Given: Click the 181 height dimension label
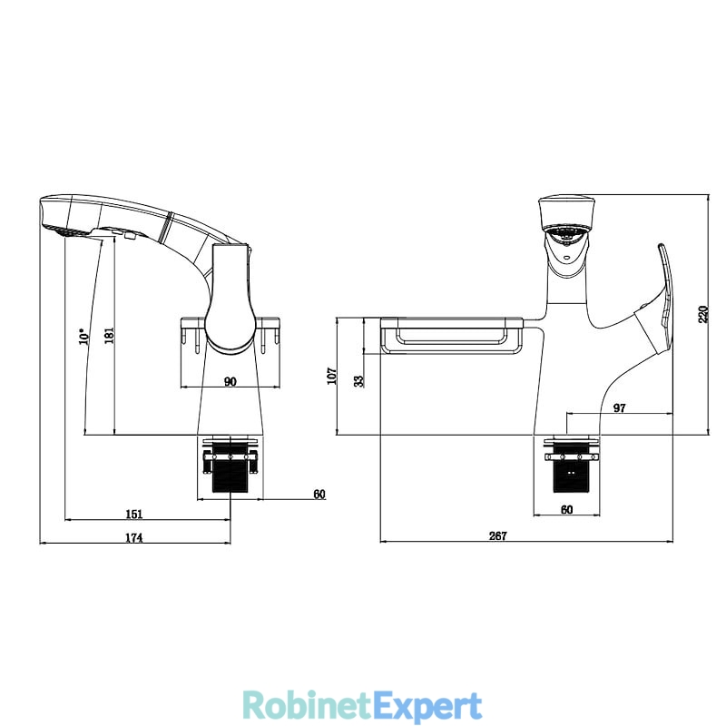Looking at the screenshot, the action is (110, 335).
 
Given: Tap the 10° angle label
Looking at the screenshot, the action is (84, 336).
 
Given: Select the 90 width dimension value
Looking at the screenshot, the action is (231, 381).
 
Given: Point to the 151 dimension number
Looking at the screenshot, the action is (134, 514).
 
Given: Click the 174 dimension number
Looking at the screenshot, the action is (134, 537).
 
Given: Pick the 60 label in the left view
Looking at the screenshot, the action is (319, 494).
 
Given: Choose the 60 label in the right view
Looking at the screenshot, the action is (566, 509).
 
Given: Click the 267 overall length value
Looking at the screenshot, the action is (498, 535).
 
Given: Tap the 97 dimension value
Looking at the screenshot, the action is (620, 407).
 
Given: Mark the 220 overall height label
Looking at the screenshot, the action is (703, 314).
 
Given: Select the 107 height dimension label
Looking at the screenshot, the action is (331, 376).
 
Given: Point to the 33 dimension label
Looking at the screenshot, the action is (358, 380).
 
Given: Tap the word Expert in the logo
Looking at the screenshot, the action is (427, 707).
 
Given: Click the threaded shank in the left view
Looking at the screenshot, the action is (231, 467).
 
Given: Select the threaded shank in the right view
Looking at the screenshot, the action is (572, 467).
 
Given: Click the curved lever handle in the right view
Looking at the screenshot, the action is (665, 297).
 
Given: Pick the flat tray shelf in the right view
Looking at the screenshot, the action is (451, 335).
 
